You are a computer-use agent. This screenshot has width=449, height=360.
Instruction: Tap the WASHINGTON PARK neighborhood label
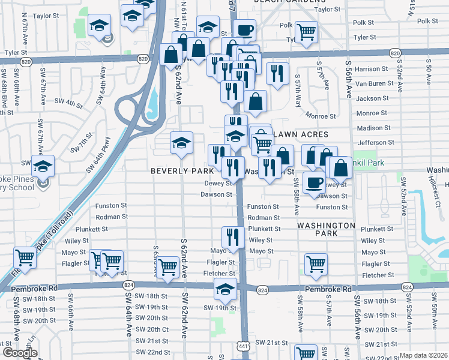(x=325, y=231)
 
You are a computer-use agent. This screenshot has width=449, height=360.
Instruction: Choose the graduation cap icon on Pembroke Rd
(x=225, y=290)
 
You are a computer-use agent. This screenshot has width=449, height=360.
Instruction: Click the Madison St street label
(x=373, y=128)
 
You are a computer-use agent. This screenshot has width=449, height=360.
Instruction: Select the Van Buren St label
(x=372, y=84)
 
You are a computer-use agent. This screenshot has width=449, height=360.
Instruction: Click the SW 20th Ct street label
(x=152, y=329)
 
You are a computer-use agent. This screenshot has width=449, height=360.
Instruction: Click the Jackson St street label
(x=372, y=98)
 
